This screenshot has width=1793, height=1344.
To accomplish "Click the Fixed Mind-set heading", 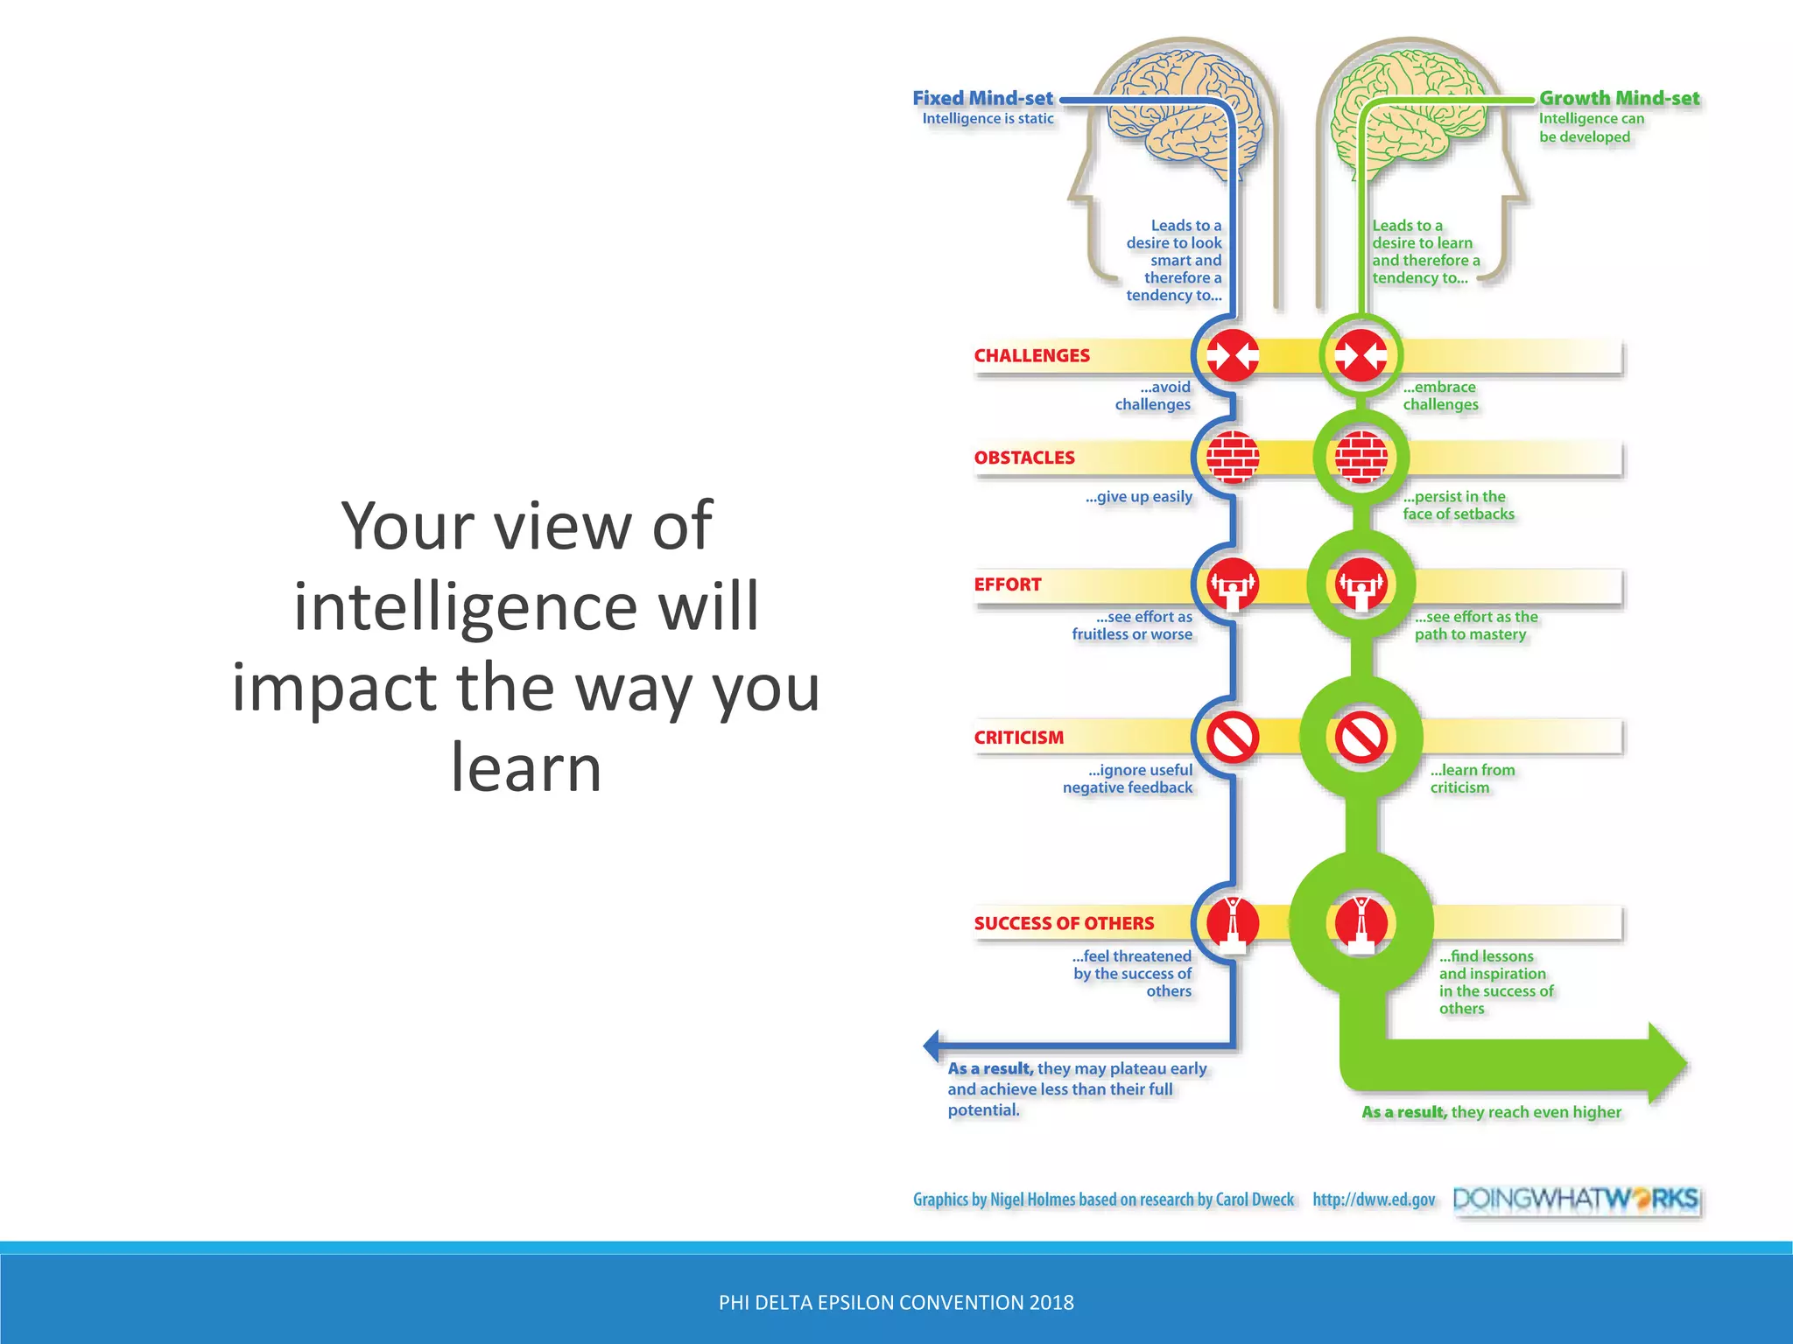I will [x=982, y=98].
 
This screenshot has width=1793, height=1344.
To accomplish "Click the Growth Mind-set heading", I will [x=1619, y=98].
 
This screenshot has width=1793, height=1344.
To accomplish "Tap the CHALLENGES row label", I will [x=1031, y=355].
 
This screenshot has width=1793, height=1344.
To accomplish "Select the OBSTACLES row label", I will [x=1023, y=458].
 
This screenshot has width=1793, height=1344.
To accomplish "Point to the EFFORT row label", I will [x=1007, y=584].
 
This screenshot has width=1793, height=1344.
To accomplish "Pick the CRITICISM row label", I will [x=1018, y=738].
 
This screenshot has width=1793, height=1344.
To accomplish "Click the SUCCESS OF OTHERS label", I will [x=1064, y=923].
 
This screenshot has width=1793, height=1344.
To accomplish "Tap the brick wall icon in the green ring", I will [x=1361, y=458].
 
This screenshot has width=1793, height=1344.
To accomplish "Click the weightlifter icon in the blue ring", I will [x=1233, y=584].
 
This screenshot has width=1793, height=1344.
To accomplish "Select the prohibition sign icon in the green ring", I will [x=1361, y=738].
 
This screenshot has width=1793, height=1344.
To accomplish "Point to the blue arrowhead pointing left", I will [x=932, y=1045].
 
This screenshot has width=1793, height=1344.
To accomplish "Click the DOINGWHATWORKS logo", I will [x=1575, y=1199].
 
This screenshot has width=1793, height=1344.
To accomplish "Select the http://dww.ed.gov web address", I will [x=1374, y=1200].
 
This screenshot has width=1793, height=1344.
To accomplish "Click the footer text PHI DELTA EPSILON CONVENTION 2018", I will [x=896, y=1302].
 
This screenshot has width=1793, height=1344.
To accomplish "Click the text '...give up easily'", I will [x=1138, y=497].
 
